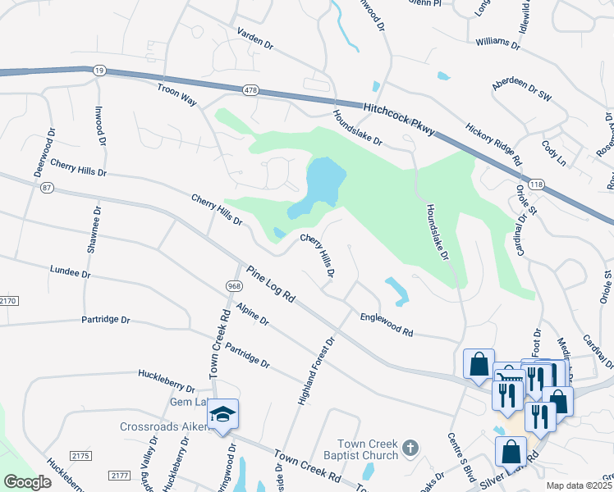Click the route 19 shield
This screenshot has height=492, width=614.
99,72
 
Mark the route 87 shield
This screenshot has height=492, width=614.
46,188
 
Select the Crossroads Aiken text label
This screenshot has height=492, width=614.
162,426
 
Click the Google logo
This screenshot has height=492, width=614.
27,482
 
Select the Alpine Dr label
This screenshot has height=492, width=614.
252,314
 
